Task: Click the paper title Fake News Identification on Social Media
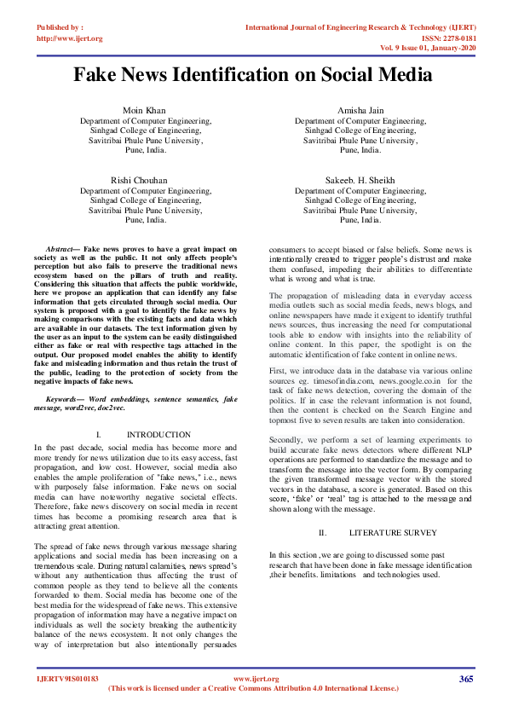[253, 75]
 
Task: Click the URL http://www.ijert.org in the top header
[70, 38]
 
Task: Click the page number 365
[466, 679]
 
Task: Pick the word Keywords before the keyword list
[64, 399]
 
